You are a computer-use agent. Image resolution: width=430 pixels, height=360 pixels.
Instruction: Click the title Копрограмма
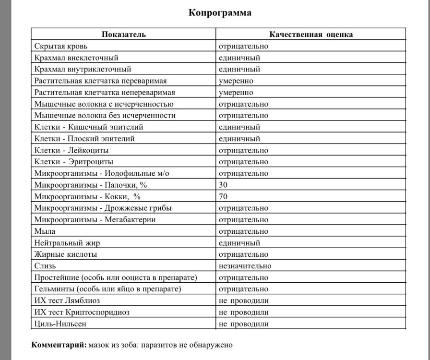click(220, 13)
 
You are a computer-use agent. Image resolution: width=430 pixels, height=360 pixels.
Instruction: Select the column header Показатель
click(124, 35)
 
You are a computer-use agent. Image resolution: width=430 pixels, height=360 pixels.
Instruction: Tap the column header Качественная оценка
click(311, 35)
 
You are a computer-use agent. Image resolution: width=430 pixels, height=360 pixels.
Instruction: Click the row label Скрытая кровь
click(60, 46)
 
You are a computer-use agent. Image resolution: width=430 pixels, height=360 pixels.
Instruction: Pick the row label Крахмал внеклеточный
click(76, 58)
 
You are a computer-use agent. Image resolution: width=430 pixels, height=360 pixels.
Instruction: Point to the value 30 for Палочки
click(223, 185)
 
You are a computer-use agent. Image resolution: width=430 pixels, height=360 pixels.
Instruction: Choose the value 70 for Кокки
click(223, 196)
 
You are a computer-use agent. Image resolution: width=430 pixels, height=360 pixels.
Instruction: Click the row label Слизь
click(46, 265)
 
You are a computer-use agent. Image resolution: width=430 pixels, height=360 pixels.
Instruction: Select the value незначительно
click(245, 265)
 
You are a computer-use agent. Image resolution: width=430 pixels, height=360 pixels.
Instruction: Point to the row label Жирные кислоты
click(66, 254)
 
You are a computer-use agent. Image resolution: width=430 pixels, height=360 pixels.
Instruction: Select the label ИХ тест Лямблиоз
click(67, 300)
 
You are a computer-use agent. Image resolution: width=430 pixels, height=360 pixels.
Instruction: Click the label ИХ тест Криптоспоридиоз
click(82, 312)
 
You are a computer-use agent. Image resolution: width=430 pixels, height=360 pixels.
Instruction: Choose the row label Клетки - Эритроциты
click(74, 162)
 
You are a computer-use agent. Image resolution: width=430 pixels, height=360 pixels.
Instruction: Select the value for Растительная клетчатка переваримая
click(236, 81)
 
